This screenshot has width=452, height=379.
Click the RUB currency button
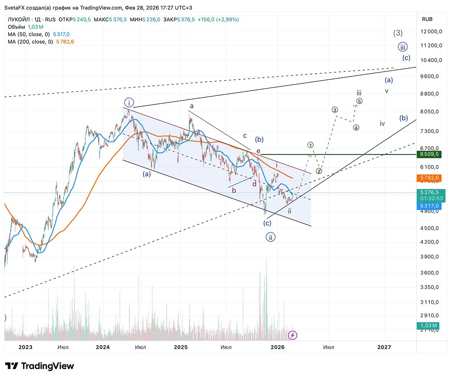tap(427, 19)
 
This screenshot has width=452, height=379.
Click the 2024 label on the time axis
tap(103, 347)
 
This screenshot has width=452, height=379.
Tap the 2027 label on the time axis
tap(384, 347)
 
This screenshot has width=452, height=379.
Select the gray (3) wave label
tap(398, 33)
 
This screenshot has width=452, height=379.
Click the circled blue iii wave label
tap(403, 47)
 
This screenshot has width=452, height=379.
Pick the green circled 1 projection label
tap(311, 145)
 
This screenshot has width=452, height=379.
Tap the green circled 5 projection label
tap(359, 101)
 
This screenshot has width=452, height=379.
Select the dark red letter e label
tap(259, 151)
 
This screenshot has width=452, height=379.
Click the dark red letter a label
tap(192, 106)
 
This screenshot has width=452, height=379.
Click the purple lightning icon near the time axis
tap(293, 335)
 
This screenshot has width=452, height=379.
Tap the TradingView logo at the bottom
tap(40, 366)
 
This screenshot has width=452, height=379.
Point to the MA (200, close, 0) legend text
tap(30, 42)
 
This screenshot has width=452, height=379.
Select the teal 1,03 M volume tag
tap(427, 326)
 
